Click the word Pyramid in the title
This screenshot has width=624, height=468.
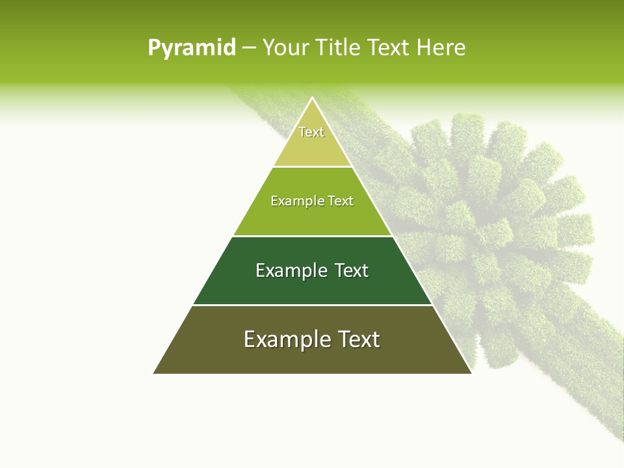coord(191,48)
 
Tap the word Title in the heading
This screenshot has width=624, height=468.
coord(336,48)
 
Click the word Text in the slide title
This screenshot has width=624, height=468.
coord(389,48)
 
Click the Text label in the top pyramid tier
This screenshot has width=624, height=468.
coord(311,132)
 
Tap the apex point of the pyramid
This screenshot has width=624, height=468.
coord(313,98)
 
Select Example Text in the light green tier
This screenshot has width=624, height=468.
coord(312,201)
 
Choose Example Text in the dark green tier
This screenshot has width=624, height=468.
coord(312,270)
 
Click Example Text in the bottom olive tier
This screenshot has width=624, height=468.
coord(312,339)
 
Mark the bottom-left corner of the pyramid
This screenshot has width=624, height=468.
coord(154,373)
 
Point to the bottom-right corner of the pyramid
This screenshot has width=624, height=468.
coord(471,373)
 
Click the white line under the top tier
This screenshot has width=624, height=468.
coord(313,167)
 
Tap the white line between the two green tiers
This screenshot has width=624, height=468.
coord(313,236)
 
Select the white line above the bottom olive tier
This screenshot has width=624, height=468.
coord(313,305)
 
